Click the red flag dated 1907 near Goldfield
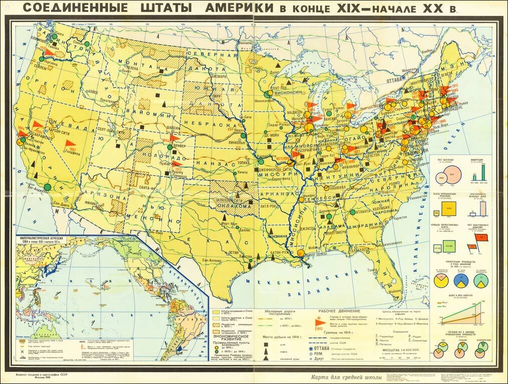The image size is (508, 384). (70, 144)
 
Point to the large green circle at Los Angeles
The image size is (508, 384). (47, 186)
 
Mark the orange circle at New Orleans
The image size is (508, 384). (300, 253)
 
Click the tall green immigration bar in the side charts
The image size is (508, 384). (483, 172)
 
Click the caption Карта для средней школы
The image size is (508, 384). (346, 377)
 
